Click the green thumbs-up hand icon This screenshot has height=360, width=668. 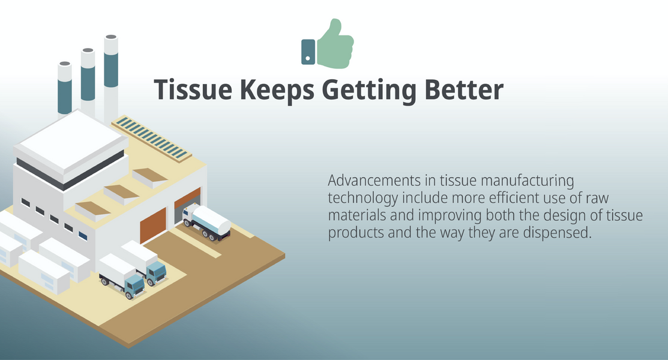pyautogui.click(x=336, y=44)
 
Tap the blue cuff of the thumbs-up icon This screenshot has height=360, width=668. pyautogui.click(x=308, y=52)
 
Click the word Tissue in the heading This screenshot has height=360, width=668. pyautogui.click(x=193, y=89)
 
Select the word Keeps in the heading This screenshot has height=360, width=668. pyautogui.click(x=277, y=91)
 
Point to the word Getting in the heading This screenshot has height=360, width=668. pyautogui.click(x=369, y=91)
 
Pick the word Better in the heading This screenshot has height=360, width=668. pyautogui.click(x=464, y=89)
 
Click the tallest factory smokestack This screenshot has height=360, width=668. pyautogui.click(x=111, y=79)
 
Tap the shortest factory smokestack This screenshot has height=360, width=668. pyautogui.click(x=65, y=89)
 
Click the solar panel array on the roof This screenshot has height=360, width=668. pyautogui.click(x=151, y=138)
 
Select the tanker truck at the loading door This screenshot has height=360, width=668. pyautogui.click(x=206, y=222)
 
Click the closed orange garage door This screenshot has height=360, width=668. pyautogui.click(x=154, y=226)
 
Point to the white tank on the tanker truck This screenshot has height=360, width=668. pyautogui.click(x=211, y=219)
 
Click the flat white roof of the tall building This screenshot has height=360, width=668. pyautogui.click(x=71, y=140)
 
